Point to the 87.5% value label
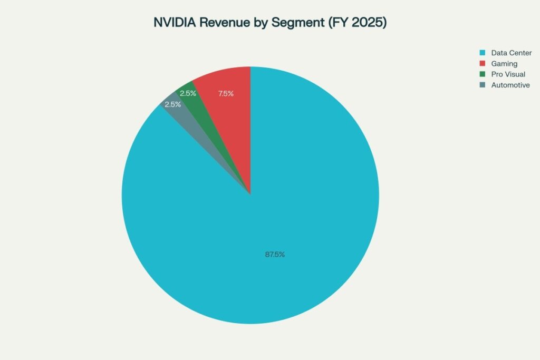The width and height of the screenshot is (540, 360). pyautogui.click(x=275, y=255)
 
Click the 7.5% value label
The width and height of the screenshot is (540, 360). pyautogui.click(x=226, y=94)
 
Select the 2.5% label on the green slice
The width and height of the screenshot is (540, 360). pyautogui.click(x=188, y=94)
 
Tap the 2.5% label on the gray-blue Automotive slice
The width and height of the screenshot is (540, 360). pyautogui.click(x=172, y=104)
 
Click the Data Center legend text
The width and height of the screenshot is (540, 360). pyautogui.click(x=511, y=53)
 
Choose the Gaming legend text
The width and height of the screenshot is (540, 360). pyautogui.click(x=504, y=64)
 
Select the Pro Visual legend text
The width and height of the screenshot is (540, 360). pyautogui.click(x=508, y=74)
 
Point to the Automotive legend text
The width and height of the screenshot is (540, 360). pyautogui.click(x=510, y=85)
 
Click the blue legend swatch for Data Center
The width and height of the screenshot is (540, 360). pyautogui.click(x=482, y=53)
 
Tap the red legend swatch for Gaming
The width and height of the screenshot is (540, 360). pyautogui.click(x=482, y=64)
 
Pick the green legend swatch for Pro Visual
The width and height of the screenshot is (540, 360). pyautogui.click(x=482, y=74)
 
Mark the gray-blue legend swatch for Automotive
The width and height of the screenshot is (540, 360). pyautogui.click(x=482, y=85)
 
